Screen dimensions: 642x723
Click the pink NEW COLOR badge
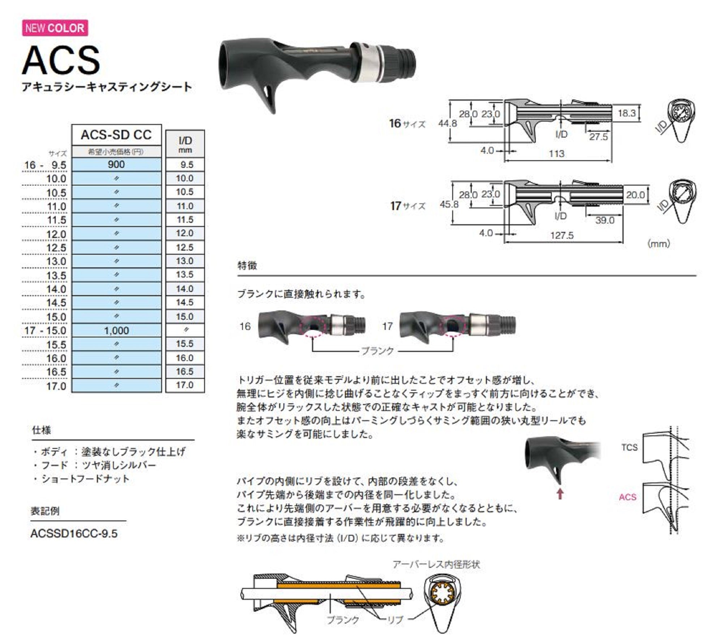(x=55, y=28)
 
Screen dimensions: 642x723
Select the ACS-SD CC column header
(x=116, y=135)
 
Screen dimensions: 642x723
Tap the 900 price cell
(x=116, y=165)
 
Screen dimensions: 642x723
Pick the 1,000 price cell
(x=116, y=331)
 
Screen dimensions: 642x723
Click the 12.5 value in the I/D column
(x=185, y=247)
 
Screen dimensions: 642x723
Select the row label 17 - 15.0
(x=46, y=331)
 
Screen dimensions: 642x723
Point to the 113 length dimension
(x=556, y=154)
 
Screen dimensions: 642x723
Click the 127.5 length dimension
(x=562, y=235)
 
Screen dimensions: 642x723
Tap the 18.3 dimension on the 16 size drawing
(x=626, y=113)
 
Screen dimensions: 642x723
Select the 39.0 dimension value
(x=605, y=220)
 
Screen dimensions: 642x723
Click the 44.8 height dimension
(x=448, y=123)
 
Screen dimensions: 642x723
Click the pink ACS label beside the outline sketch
(x=627, y=497)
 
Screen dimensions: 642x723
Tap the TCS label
(x=629, y=447)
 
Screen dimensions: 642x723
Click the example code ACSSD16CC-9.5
(x=74, y=534)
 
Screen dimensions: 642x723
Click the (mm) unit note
(x=658, y=244)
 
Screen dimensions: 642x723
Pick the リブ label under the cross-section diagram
(x=395, y=620)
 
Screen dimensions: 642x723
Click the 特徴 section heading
(x=247, y=265)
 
